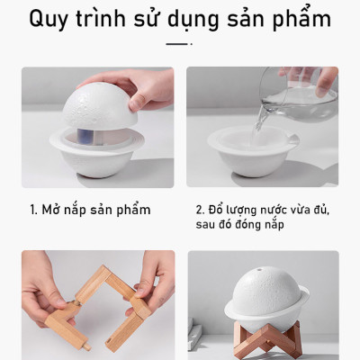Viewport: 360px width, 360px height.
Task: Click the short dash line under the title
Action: coord(179,42)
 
